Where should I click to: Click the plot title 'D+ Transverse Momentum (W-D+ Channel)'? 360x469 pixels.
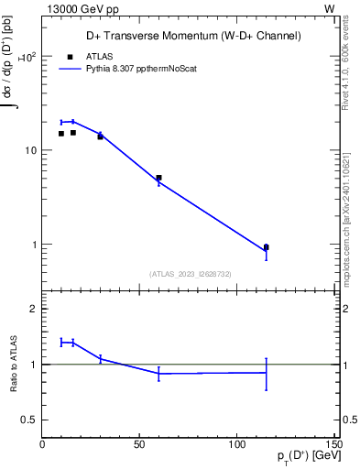190,37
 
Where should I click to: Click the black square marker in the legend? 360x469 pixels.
70,57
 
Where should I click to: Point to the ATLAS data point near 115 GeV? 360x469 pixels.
266,247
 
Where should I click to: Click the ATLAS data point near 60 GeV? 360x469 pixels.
158,178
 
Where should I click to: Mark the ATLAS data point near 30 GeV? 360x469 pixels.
100,136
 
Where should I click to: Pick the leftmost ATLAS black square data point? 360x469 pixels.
61,134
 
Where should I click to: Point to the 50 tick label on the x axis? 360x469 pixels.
139,445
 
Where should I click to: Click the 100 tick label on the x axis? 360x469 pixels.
237,445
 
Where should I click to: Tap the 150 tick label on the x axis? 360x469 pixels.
333,445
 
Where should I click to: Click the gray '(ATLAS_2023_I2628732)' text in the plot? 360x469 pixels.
190,273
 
